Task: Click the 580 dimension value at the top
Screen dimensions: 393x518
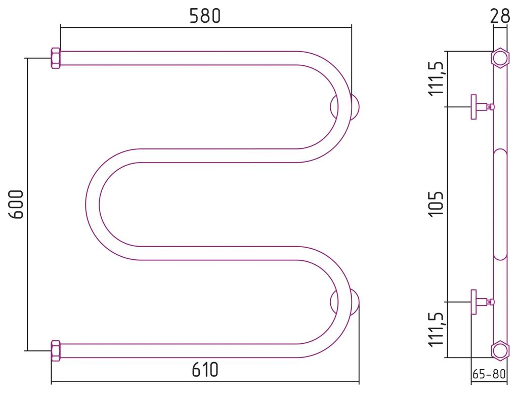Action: coord(205,16)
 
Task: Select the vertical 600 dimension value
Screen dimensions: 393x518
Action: coord(17,204)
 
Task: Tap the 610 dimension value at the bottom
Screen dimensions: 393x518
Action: coord(205,370)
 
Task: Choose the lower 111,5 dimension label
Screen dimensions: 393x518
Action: coord(437,329)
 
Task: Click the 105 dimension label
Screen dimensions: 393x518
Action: coord(437,204)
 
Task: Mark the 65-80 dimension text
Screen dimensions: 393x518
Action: coord(489,375)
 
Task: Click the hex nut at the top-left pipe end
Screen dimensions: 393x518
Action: coord(55,58)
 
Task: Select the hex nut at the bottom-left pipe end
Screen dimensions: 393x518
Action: coord(55,350)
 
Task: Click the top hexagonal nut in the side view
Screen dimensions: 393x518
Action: coord(499,58)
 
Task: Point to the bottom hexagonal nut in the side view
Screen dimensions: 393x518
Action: coord(499,350)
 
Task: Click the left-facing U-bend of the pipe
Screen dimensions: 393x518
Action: coord(93,204)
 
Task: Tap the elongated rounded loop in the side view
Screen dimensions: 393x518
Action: coord(500,204)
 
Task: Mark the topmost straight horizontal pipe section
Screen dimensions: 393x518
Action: coord(177,58)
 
